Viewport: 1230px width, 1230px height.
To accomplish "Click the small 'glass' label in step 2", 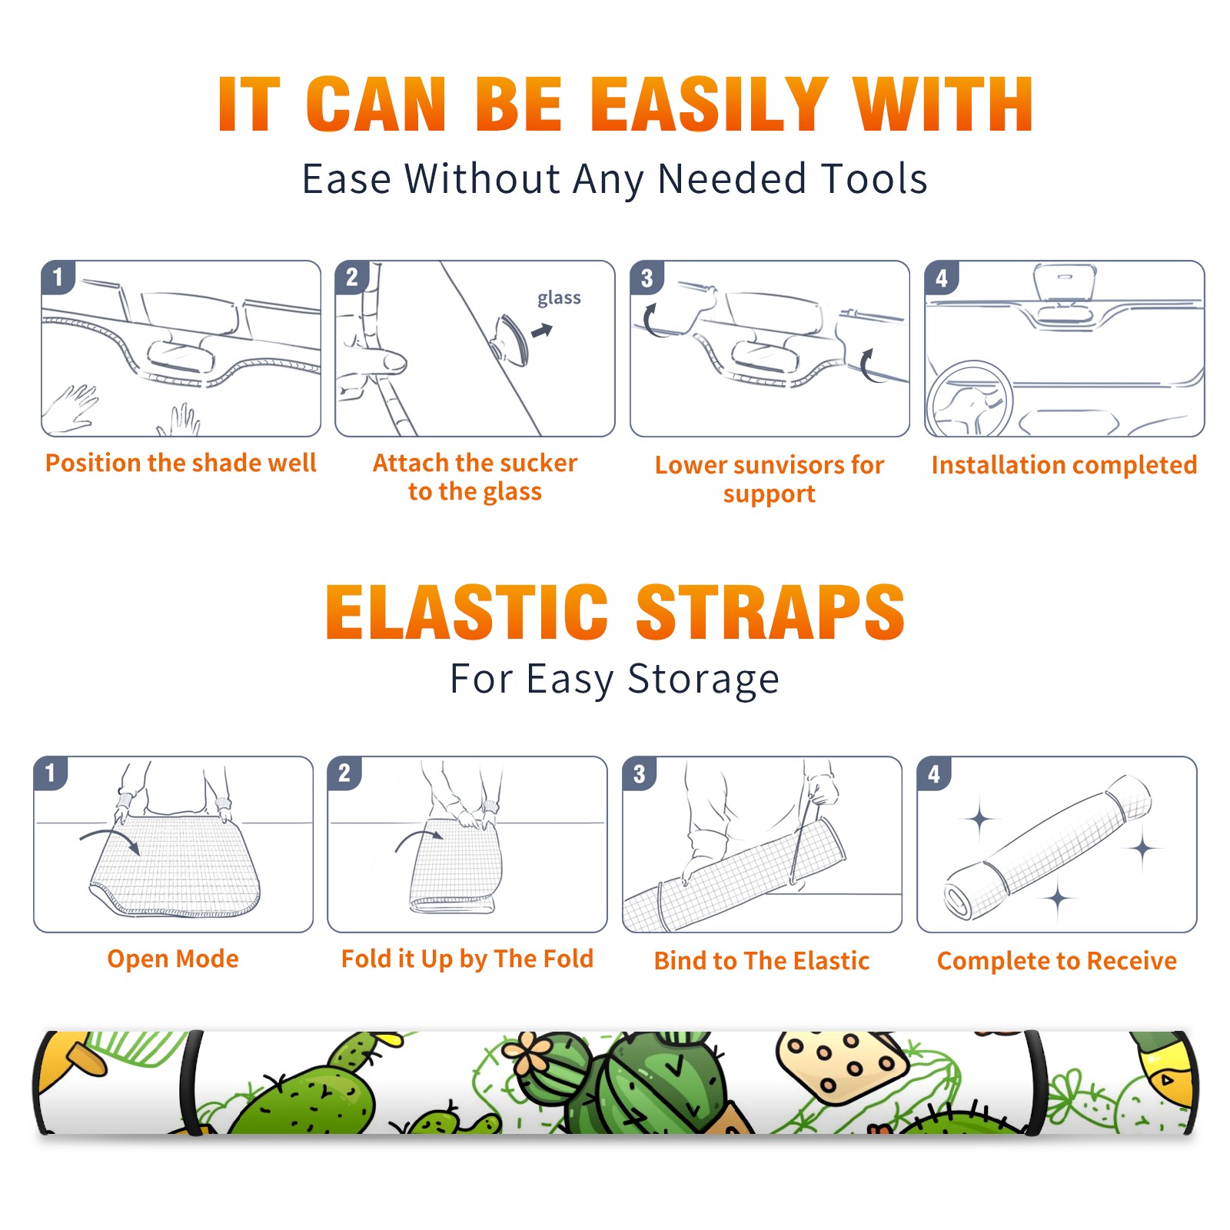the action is click(559, 298).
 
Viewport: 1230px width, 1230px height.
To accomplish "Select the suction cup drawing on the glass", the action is click(510, 338).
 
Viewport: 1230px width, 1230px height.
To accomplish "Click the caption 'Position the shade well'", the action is click(181, 463).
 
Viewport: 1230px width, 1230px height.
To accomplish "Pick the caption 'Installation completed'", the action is click(1064, 464).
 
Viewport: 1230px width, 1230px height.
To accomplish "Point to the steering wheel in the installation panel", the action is click(969, 400).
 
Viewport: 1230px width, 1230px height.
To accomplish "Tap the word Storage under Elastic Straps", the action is click(703, 680).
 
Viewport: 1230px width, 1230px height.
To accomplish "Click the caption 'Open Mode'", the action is click(173, 959).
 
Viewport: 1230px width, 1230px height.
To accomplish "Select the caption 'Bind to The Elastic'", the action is click(761, 960).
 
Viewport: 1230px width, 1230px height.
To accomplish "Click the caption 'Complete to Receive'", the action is click(1057, 960).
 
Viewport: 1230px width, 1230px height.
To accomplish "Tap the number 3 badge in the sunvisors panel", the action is click(647, 278).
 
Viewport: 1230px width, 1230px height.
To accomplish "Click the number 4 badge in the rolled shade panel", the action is click(934, 773).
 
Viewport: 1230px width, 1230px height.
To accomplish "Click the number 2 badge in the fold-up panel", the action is click(344, 773).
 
